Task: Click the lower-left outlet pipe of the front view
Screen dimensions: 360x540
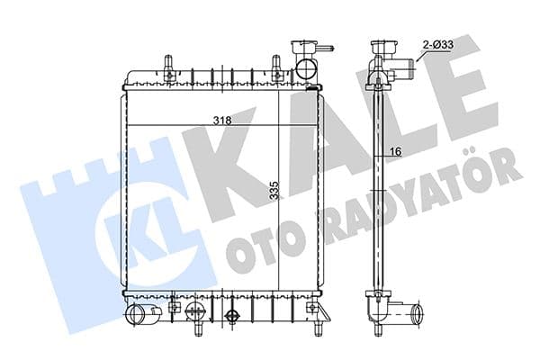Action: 139,315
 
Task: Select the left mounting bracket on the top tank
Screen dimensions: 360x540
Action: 167,64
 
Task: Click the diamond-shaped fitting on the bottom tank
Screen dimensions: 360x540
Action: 233,316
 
